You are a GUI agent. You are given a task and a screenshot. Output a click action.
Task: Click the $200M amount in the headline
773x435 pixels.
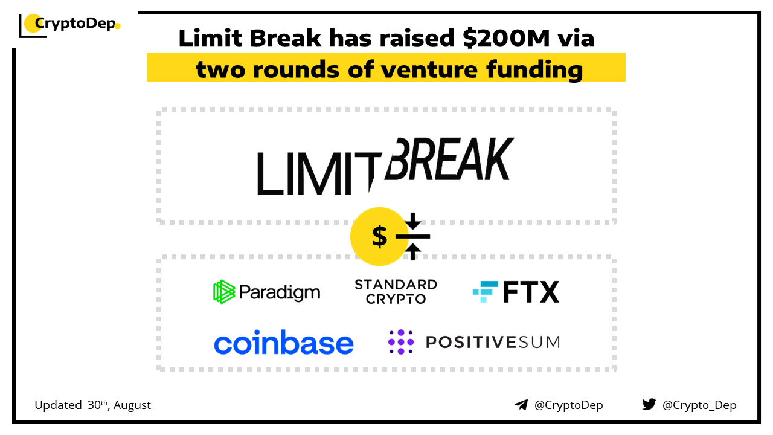coord(506,37)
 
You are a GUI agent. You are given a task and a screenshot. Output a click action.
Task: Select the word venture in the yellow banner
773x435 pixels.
coord(429,69)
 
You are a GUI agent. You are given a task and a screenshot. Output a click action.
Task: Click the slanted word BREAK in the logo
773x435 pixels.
coord(449,159)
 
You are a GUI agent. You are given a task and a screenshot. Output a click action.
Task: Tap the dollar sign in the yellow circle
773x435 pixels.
coord(379,236)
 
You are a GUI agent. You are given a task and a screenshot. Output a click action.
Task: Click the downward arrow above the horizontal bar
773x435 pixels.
coord(412,221)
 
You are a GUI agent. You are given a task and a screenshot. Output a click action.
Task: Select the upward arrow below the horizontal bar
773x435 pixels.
coord(412,252)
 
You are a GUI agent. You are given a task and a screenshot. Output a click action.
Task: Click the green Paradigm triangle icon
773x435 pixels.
coord(224,292)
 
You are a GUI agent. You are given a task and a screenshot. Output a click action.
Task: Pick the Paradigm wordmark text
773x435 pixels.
coord(280,293)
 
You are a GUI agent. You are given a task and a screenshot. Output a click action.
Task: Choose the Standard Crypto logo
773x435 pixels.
coord(396,292)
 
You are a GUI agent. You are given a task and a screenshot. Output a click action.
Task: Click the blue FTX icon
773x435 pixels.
coord(485,292)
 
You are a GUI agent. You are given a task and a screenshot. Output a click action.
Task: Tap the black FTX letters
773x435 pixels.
coord(531,292)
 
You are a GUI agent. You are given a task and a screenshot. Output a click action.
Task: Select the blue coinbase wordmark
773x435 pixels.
coord(284,342)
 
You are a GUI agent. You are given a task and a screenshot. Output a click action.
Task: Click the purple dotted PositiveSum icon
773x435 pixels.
coord(400,342)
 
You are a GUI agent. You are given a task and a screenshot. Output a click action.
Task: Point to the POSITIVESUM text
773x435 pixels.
coord(493,343)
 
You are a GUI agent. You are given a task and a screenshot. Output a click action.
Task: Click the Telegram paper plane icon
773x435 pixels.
coord(521,405)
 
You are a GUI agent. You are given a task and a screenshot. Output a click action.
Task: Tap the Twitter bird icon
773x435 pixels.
coord(649,404)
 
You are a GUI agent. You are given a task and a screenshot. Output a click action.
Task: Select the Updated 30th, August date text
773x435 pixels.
coord(92,405)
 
